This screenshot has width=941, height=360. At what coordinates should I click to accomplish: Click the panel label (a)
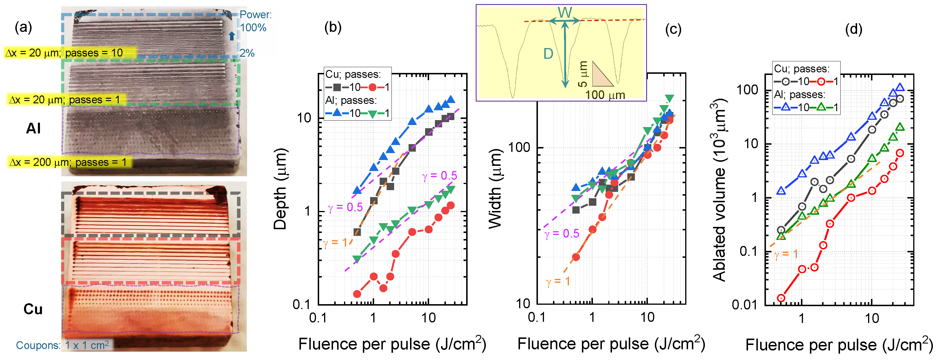click(x=23, y=27)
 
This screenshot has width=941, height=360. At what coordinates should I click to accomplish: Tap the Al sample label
click(x=33, y=129)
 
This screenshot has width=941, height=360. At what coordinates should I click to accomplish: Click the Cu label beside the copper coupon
click(x=33, y=309)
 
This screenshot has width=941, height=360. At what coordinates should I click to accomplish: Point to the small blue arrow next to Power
click(x=231, y=36)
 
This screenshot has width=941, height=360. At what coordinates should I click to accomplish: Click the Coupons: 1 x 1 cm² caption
click(x=62, y=345)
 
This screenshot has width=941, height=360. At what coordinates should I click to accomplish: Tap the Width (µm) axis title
click(x=496, y=189)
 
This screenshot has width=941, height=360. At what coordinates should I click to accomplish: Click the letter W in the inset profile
click(x=565, y=13)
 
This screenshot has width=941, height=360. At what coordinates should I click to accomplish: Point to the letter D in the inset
click(x=548, y=54)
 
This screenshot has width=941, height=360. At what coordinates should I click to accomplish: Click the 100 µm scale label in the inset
click(x=605, y=95)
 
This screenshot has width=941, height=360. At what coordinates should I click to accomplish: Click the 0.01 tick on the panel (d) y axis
click(x=744, y=304)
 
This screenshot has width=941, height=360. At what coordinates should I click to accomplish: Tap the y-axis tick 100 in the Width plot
click(x=519, y=148)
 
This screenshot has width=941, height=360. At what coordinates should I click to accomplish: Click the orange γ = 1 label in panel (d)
click(x=786, y=255)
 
